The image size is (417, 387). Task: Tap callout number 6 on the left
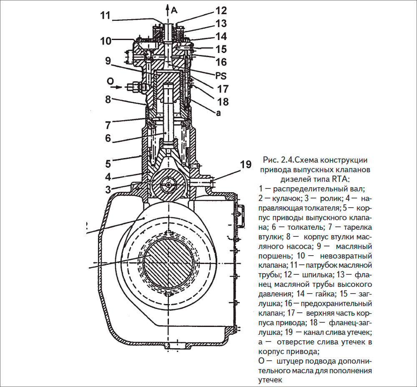108,138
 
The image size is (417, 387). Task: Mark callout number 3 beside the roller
108,189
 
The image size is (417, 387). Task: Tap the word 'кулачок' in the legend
287,200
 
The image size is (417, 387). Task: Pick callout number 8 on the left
108,101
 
